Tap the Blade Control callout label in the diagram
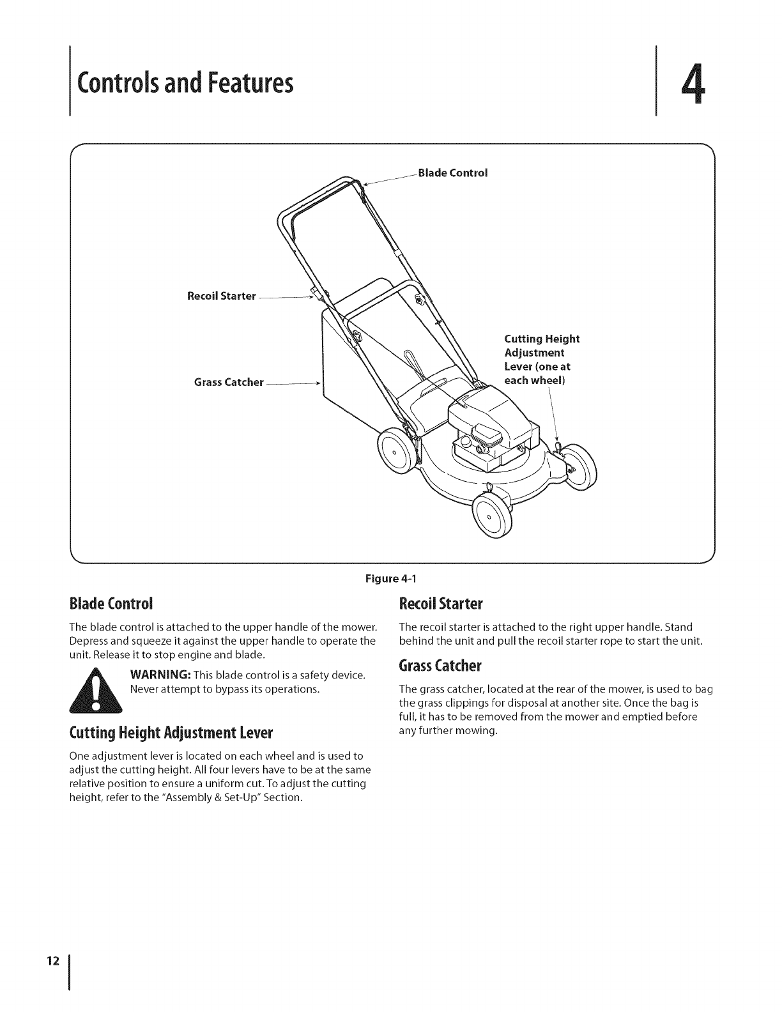pos(452,172)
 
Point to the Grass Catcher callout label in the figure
pos(229,382)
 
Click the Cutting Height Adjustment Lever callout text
pos(541,360)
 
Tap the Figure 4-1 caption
pos(390,579)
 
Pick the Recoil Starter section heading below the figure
pos(440,603)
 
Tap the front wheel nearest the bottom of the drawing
pos(493,516)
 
